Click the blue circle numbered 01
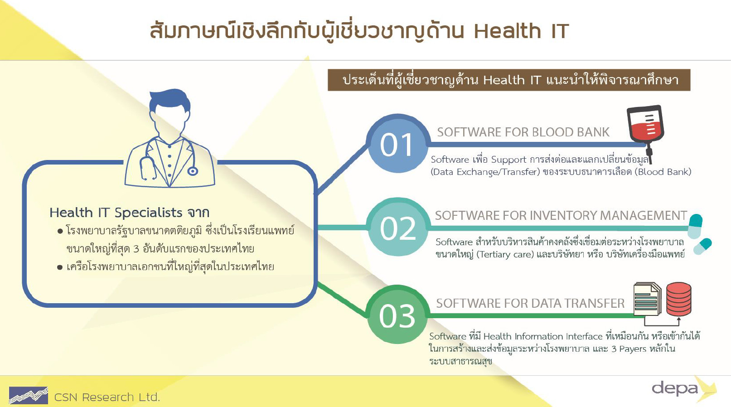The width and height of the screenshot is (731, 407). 397,143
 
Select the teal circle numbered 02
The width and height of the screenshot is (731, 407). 397,227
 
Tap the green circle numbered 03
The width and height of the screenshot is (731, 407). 397,314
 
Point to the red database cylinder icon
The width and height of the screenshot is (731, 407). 679,299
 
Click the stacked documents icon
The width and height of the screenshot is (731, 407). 647,299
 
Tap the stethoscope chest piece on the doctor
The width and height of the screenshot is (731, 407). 192,171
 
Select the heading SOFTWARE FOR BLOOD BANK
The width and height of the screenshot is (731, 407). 523,132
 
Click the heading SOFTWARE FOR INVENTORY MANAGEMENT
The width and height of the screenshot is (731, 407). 561,215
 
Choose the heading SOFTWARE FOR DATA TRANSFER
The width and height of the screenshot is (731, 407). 530,303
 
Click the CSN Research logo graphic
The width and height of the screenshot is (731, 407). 29,395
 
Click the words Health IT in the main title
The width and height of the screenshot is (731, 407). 521,31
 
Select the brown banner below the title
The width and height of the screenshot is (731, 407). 509,80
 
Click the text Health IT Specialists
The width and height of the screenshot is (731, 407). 116,213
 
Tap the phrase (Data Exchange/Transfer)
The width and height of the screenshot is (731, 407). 485,172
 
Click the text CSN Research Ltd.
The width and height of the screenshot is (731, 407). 107,397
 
